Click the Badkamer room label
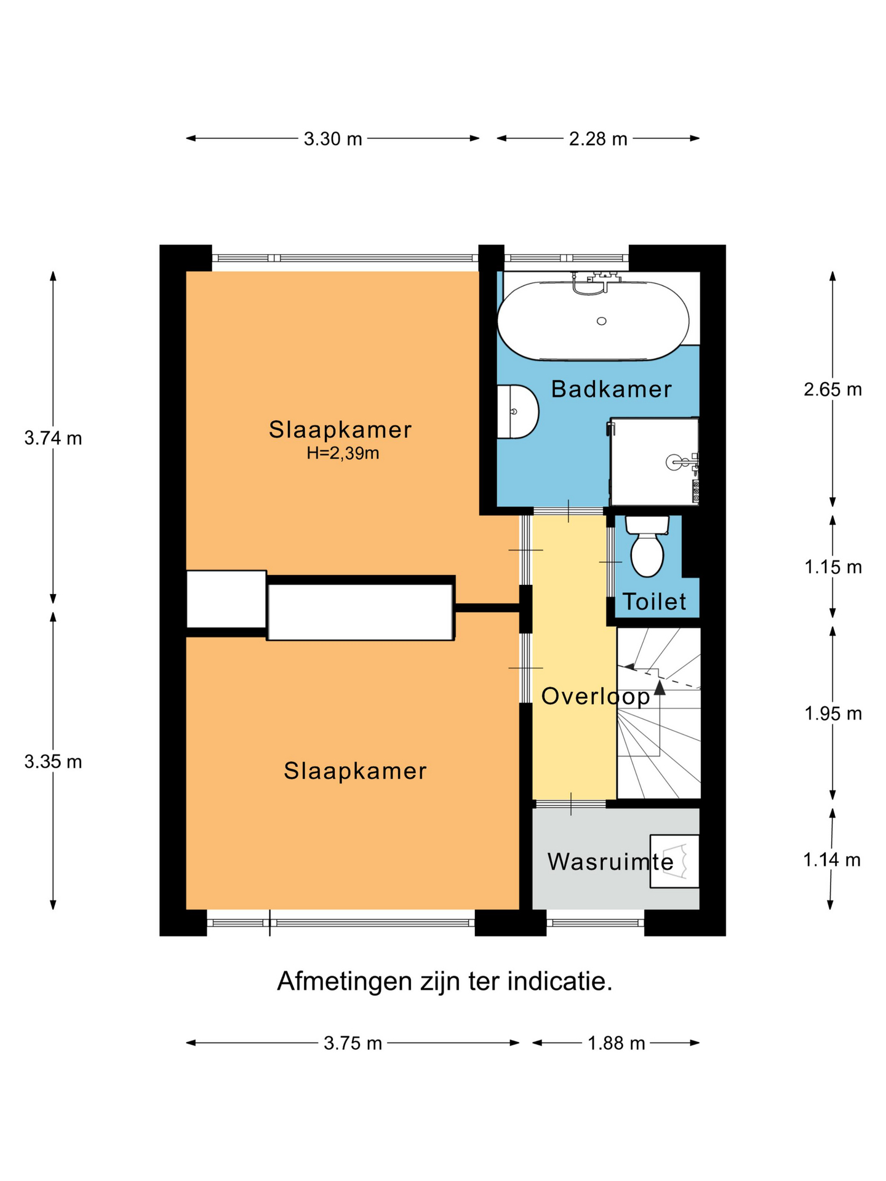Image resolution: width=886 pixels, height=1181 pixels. [x=611, y=389]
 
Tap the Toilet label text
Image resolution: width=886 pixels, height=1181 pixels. [x=654, y=602]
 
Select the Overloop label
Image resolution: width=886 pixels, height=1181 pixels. [x=596, y=696]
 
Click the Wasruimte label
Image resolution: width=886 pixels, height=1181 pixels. [x=610, y=862]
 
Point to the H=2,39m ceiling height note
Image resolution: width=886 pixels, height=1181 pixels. [x=343, y=454]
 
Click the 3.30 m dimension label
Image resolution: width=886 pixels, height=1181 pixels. [x=333, y=139]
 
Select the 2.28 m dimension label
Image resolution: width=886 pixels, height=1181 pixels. [x=598, y=139]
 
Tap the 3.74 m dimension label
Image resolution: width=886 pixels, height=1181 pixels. [x=53, y=439]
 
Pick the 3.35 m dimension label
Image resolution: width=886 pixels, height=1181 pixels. [x=53, y=762]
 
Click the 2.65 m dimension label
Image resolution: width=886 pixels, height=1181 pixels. [x=833, y=389]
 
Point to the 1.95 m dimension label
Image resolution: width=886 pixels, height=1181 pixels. [x=833, y=714]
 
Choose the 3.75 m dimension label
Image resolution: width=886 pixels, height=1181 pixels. [x=353, y=1043]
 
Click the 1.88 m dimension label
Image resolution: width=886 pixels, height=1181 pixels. [x=617, y=1043]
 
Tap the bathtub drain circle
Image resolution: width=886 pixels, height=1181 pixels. [x=602, y=321]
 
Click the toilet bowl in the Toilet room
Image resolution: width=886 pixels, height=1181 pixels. [x=647, y=554]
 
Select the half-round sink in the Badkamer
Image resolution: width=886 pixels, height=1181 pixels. [x=517, y=412]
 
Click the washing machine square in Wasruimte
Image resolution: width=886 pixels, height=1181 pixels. [x=674, y=861]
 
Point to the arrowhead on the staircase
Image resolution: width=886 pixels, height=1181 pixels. [x=660, y=687]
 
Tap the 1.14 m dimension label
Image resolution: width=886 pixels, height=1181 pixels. [x=832, y=860]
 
